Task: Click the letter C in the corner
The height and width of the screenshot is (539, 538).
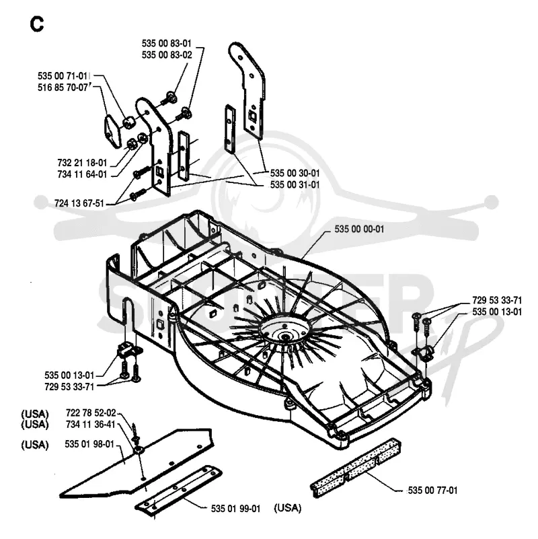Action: pos(37,24)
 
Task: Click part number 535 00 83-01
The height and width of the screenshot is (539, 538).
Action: pos(167,43)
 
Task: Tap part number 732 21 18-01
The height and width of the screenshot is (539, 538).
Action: pos(82,163)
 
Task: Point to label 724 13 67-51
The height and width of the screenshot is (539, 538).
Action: pos(79,203)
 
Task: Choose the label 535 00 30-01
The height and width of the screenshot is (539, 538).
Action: pos(295,173)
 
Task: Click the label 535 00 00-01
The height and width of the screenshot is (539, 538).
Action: pos(359,229)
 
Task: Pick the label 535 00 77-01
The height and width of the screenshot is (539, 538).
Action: pos(432,490)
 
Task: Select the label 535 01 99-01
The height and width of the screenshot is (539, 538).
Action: pos(235,509)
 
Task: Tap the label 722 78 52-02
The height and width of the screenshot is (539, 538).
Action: pos(91,412)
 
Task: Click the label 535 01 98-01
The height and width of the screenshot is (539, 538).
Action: pos(89,444)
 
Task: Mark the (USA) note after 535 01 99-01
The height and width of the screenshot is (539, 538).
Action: pos(288,508)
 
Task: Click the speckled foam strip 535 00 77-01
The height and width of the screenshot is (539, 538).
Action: pos(356,467)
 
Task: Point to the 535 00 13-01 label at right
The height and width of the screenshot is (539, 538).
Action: pos(497,312)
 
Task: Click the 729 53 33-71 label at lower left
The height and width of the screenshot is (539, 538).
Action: pos(69,387)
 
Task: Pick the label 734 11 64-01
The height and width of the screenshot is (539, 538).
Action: pos(82,174)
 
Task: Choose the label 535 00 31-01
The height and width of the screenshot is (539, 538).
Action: pos(295,184)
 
